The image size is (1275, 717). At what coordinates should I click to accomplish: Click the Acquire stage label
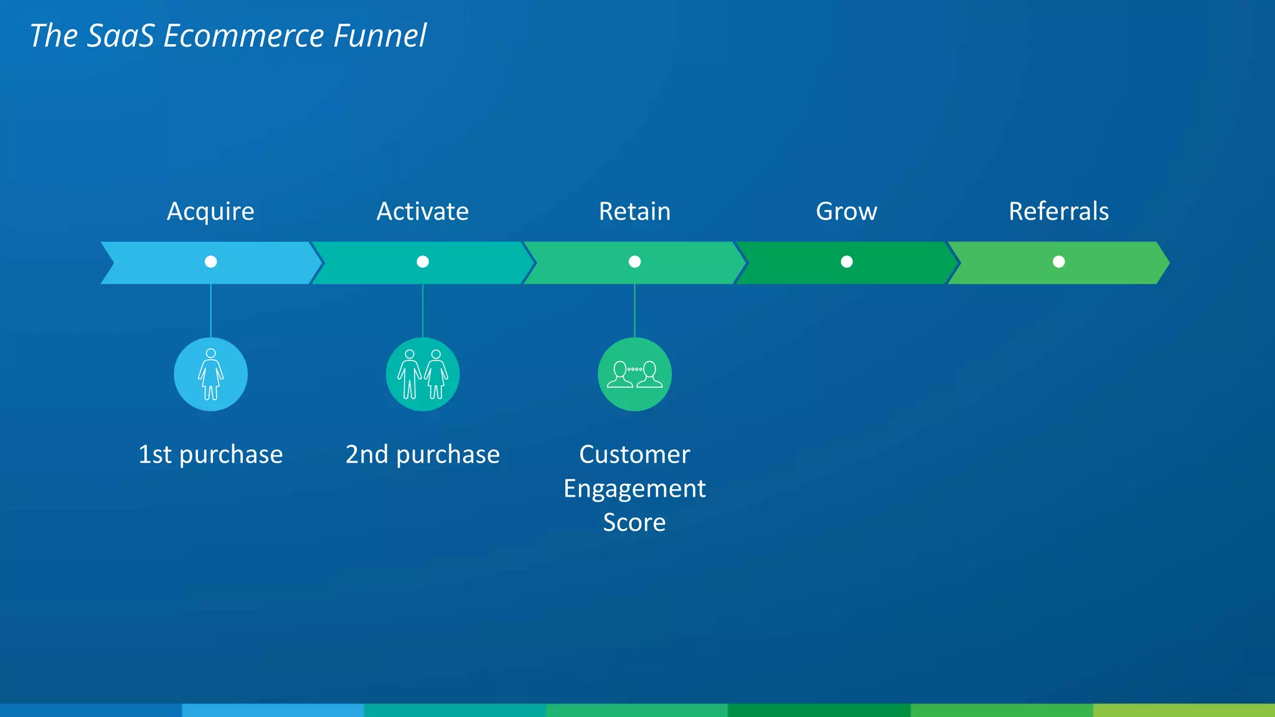click(210, 212)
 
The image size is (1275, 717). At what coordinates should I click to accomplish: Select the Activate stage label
click(423, 212)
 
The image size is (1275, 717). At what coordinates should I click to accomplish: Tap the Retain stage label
click(634, 212)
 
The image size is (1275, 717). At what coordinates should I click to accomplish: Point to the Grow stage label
click(847, 212)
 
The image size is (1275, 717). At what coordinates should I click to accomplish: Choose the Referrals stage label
click(1058, 212)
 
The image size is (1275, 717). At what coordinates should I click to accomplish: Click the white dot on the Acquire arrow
click(211, 261)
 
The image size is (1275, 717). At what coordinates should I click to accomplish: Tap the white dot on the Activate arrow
click(423, 261)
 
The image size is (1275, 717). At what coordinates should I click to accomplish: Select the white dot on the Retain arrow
click(634, 261)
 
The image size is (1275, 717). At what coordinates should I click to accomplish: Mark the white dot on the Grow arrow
click(847, 261)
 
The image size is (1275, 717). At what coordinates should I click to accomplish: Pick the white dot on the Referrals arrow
click(1058, 261)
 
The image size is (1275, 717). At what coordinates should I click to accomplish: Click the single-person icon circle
click(211, 374)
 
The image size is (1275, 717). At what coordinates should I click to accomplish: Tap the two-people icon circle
click(423, 374)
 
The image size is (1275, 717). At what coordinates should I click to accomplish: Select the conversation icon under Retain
click(634, 374)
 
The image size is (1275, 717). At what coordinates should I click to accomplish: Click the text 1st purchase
click(210, 455)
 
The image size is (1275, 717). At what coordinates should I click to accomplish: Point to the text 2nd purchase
click(423, 455)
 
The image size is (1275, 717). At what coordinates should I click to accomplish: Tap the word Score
click(634, 523)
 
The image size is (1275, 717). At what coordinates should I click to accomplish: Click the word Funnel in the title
click(380, 35)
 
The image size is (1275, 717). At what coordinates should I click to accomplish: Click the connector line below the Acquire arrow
click(211, 311)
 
